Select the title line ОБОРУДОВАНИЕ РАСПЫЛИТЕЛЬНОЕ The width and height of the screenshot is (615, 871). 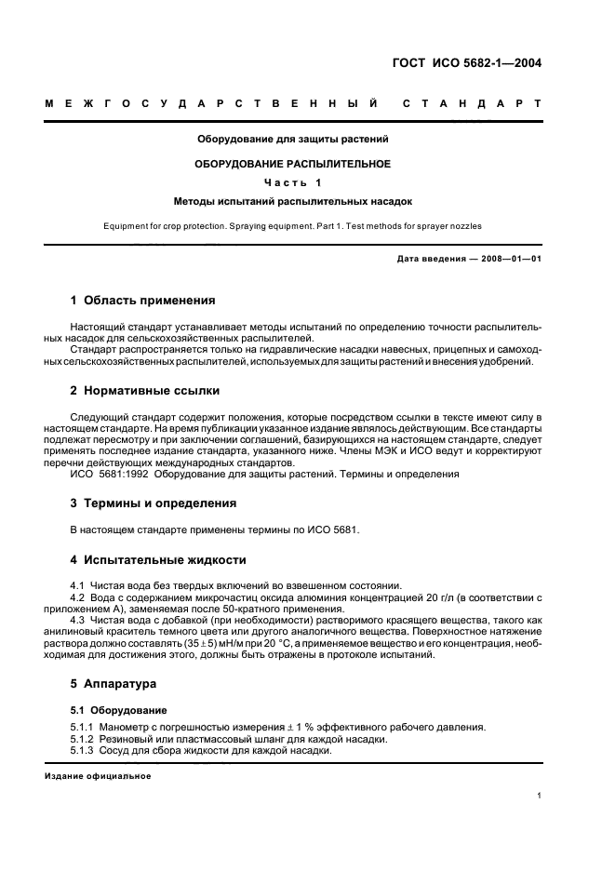292,163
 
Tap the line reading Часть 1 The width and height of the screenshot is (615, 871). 292,181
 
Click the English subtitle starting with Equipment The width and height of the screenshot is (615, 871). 292,225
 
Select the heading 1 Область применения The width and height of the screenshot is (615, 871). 143,301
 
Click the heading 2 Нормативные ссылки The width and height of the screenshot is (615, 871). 145,390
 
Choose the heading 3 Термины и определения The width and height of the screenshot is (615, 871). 154,502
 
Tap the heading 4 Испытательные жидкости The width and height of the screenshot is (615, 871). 158,560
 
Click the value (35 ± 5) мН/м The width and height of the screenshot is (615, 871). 209,643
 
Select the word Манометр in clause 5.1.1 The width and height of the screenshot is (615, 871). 128,727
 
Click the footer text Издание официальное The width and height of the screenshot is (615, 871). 98,776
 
